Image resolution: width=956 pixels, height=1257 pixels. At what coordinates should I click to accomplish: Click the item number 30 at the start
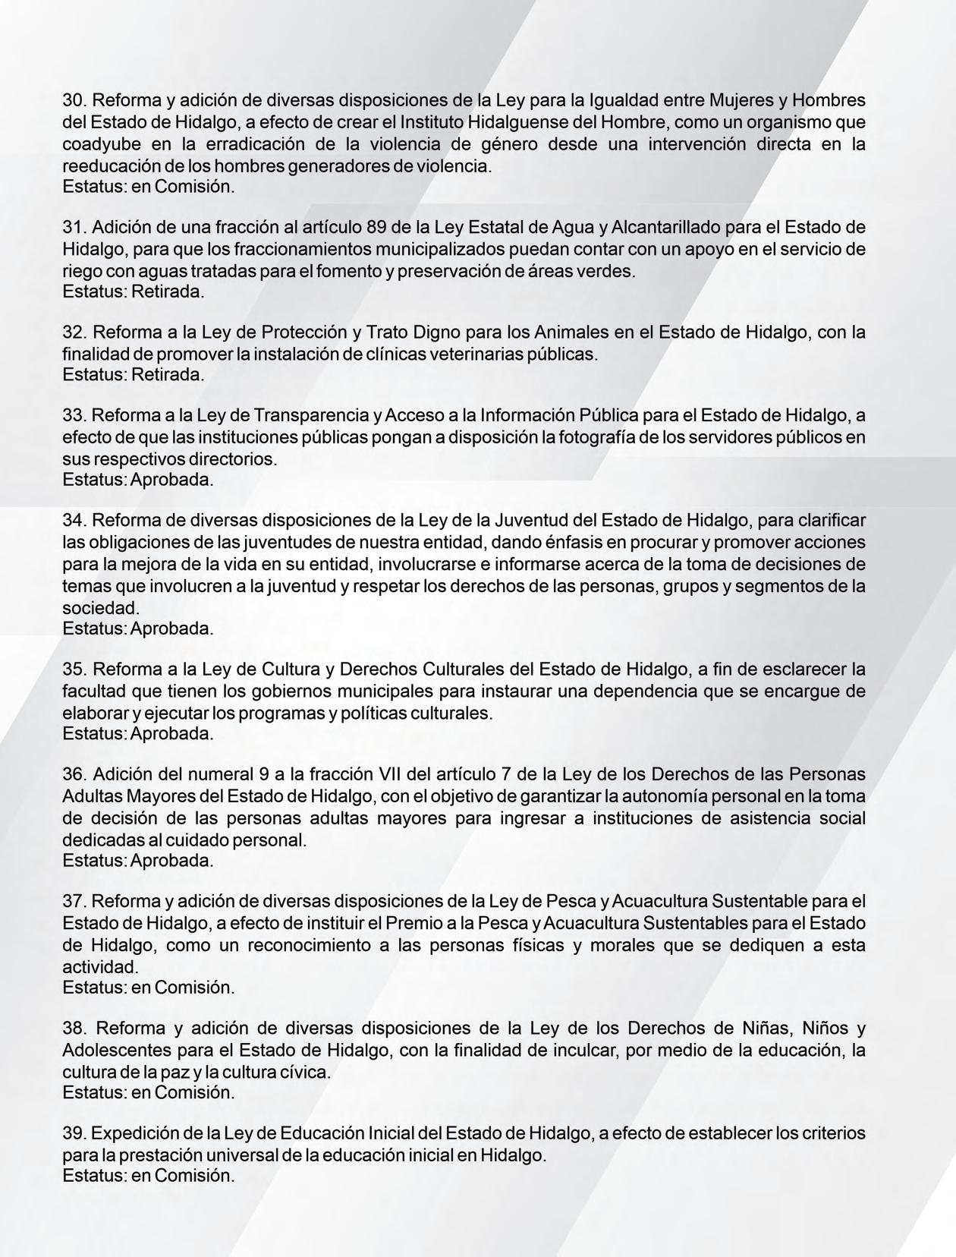pyautogui.click(x=74, y=100)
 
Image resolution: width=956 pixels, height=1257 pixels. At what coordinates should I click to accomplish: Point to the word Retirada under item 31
pyautogui.click(x=168, y=291)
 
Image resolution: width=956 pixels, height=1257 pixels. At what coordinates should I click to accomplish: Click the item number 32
pyautogui.click(x=74, y=332)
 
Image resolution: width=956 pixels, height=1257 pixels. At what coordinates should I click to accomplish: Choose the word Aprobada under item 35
pyautogui.click(x=172, y=734)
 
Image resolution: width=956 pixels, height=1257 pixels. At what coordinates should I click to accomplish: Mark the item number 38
pyautogui.click(x=74, y=1029)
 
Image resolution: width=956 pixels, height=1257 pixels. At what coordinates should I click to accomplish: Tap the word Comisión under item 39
pyautogui.click(x=194, y=1176)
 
